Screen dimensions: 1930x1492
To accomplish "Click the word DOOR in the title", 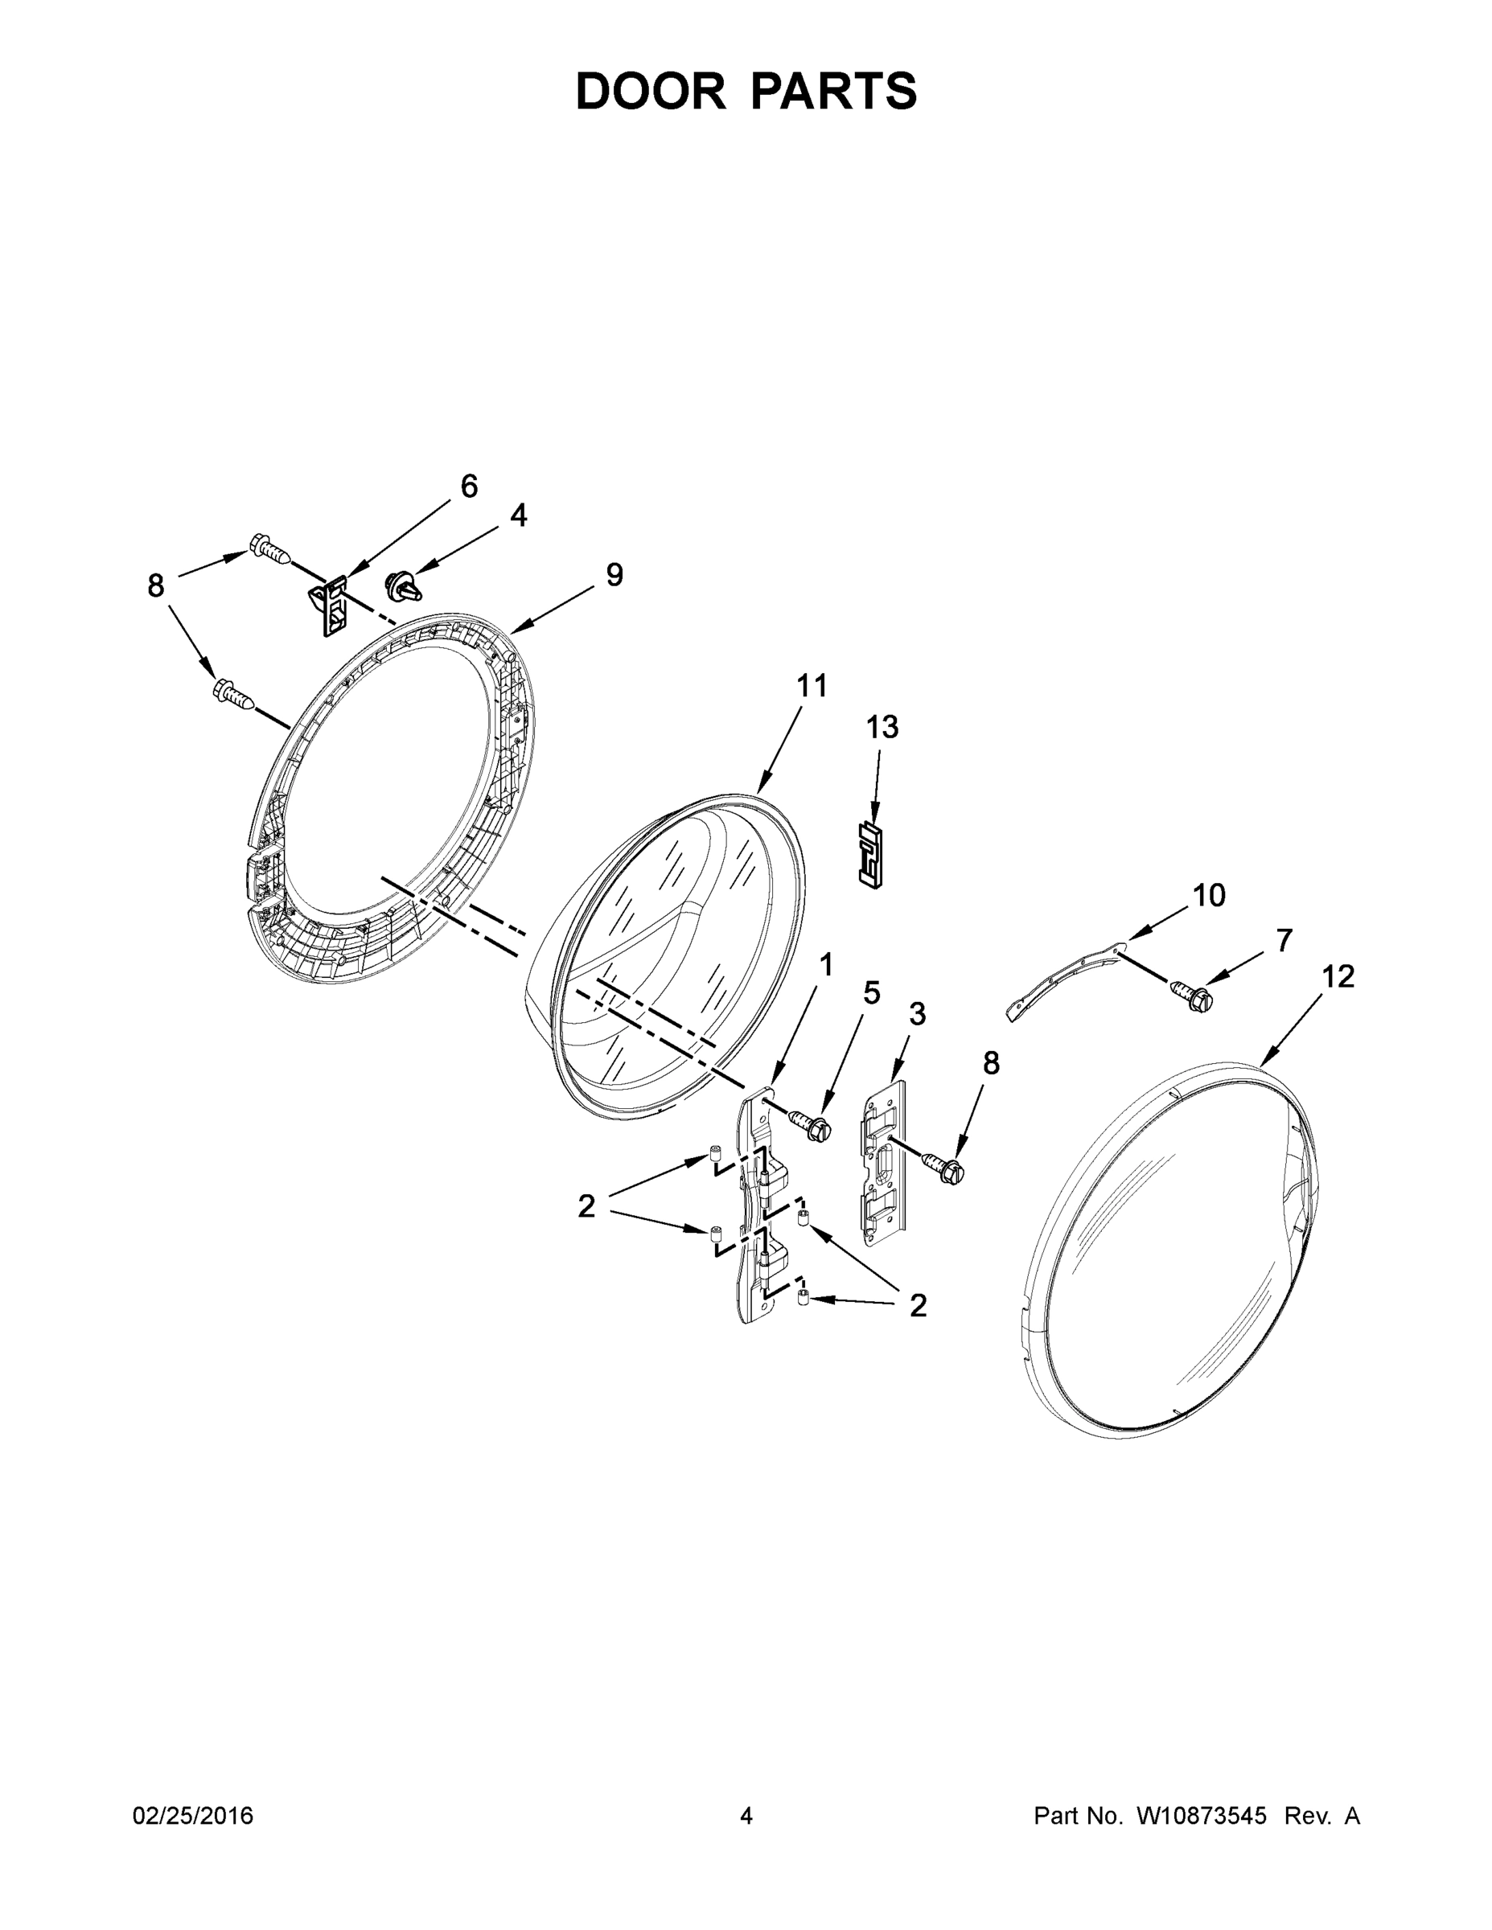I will (x=651, y=91).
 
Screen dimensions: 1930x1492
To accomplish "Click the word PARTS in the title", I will (x=834, y=91).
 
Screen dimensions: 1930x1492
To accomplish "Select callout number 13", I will (x=882, y=727).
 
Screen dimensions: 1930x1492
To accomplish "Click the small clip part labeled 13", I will (x=873, y=854).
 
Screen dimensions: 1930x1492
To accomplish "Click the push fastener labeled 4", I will (x=403, y=586).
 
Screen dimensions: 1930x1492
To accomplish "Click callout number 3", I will (x=918, y=1015).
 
